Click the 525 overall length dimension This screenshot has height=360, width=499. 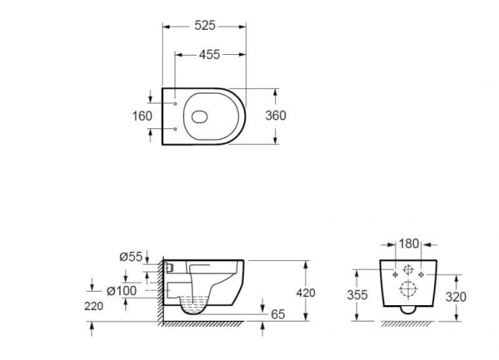click(205, 26)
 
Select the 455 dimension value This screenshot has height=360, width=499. click(209, 54)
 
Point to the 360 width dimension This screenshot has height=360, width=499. click(276, 115)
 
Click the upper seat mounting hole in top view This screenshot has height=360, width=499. click(175, 104)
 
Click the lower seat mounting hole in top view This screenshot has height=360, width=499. click(175, 129)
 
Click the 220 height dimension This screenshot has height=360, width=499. click(93, 306)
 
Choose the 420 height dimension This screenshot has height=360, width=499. click(306, 292)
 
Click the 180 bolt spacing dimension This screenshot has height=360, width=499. click(408, 244)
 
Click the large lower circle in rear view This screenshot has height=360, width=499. click(408, 289)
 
